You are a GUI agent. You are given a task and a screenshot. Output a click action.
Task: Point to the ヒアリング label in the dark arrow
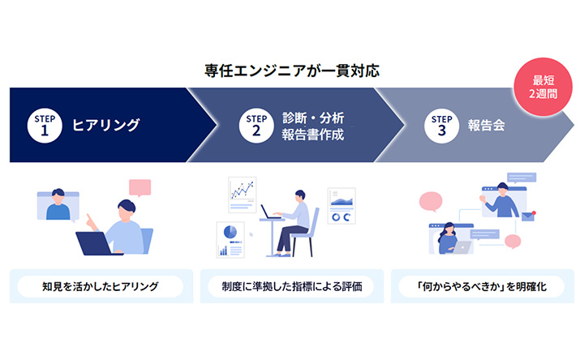click(x=106, y=125)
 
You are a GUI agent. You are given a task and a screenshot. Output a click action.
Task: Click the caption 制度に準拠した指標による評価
click(x=291, y=286)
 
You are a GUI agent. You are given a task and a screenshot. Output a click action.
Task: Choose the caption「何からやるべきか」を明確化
click(x=483, y=286)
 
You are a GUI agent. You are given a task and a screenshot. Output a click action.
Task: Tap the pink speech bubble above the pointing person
click(x=140, y=187)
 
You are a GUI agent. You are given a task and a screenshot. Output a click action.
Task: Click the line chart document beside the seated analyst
click(x=242, y=195)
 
